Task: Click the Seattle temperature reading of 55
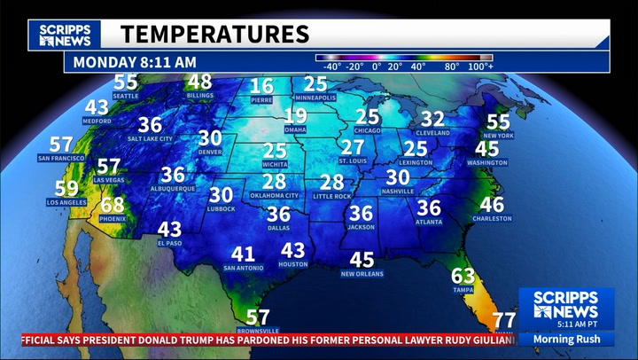126,82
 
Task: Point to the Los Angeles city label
66,202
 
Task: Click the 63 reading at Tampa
463,276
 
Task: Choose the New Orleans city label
362,274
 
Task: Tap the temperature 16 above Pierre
261,86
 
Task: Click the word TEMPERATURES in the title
214,35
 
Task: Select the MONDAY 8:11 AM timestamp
135,62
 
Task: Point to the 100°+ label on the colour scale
480,67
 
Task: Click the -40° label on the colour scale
332,67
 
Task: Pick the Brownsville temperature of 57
258,317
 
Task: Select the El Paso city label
169,243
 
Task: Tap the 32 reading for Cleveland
432,118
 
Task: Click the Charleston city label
492,219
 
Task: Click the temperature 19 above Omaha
295,116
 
